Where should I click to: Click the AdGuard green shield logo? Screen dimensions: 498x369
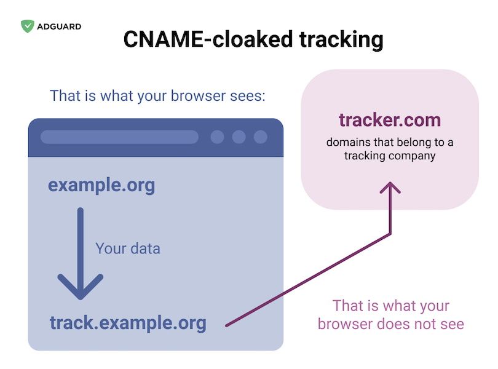point(27,26)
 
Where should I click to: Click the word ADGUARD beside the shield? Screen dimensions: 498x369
point(59,26)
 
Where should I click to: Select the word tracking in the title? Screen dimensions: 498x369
point(341,40)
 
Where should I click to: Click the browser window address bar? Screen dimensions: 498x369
point(119,137)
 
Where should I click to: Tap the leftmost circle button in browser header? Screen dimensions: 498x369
point(217,137)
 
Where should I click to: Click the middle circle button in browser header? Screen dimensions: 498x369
point(239,137)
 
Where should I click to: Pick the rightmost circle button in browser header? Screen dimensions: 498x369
point(261,137)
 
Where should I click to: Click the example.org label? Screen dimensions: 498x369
point(101,185)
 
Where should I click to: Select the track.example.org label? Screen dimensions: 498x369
point(128,323)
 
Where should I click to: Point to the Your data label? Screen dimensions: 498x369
point(128,248)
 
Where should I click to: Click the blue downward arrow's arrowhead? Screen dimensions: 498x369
point(81,287)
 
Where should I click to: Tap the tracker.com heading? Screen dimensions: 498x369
point(390,120)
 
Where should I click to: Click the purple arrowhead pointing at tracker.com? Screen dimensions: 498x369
point(390,188)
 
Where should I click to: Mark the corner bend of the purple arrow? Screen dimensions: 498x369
point(390,234)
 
